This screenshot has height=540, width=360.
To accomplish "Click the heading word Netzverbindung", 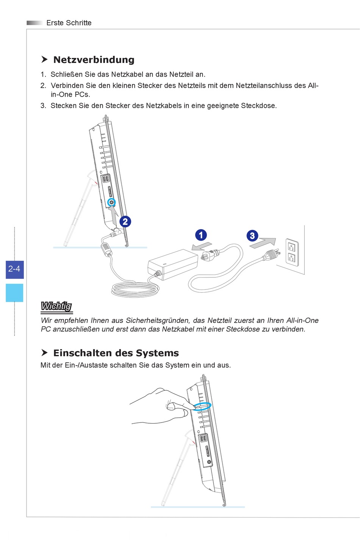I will [x=94, y=60].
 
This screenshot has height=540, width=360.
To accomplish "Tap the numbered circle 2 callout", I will [x=125, y=222].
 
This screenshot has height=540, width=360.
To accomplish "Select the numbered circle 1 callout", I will [x=201, y=235].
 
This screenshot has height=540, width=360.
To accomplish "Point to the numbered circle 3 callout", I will [x=252, y=236].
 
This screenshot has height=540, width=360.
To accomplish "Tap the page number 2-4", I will [x=14, y=269].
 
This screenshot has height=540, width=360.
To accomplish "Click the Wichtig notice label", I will [x=56, y=306].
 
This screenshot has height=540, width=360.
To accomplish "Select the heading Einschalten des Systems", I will [x=116, y=353].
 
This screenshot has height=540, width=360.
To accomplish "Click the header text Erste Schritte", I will [x=69, y=23].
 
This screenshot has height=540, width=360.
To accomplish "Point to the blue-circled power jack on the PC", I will [x=111, y=202].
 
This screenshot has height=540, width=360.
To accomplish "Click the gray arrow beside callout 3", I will [x=263, y=243].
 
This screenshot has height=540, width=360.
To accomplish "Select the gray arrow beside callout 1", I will [x=201, y=246].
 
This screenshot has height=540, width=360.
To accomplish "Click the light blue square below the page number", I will [x=14, y=293].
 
